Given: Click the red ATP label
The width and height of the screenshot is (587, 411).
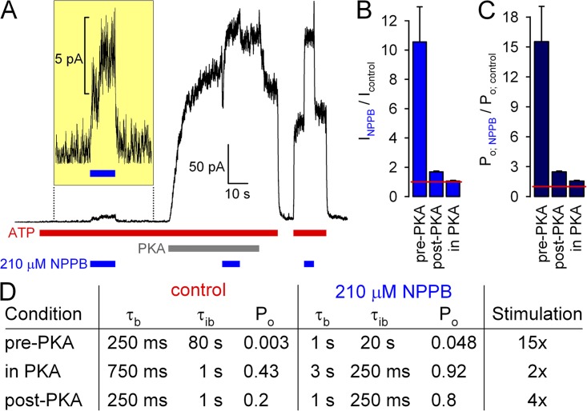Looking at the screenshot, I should coord(21,233).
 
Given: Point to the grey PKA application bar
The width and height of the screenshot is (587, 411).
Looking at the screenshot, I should coord(213,248).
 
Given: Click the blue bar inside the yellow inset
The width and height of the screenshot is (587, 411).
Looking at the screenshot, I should coord(103,173).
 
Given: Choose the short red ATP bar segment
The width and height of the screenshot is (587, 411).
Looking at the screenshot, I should coord(310,233).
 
